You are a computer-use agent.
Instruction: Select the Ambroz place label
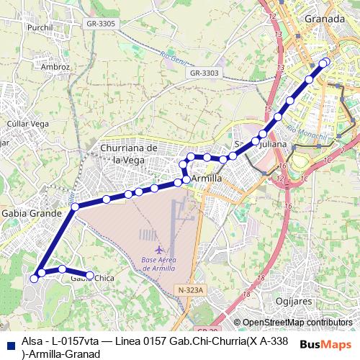[x=55, y=67]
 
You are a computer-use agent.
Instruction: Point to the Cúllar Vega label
[x=27, y=124]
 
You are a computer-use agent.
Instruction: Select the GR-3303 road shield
[x=204, y=73]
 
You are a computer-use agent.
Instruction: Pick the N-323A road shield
[x=191, y=290]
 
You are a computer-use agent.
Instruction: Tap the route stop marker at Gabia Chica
[x=90, y=275]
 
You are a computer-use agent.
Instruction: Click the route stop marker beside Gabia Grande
[x=75, y=207]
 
